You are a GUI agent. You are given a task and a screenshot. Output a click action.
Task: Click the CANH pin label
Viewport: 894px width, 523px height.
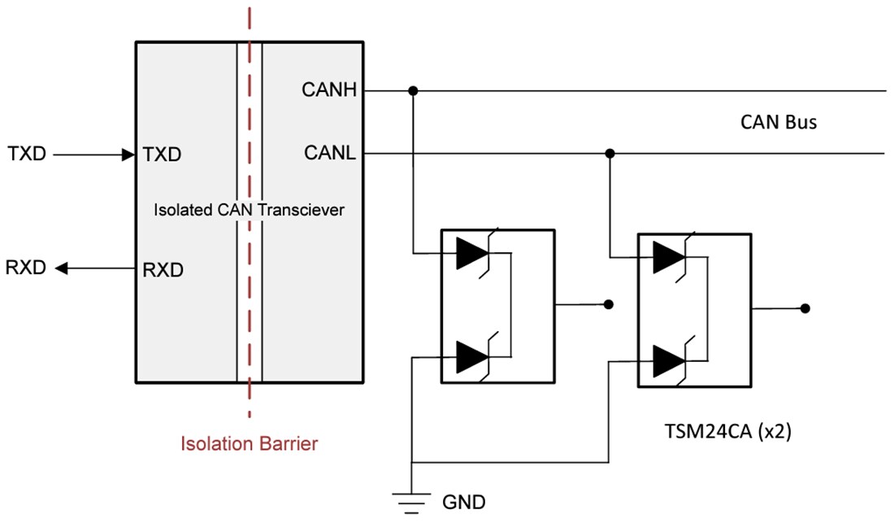[x=329, y=90]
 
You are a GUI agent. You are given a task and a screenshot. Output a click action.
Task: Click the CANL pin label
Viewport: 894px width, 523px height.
[x=330, y=153]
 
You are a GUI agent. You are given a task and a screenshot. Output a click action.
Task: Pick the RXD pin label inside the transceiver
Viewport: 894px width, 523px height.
[x=162, y=268]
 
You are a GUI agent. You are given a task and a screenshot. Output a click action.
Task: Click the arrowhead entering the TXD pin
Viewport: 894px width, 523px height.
[x=128, y=154]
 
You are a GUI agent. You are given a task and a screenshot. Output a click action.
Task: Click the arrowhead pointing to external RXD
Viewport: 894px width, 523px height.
[x=62, y=268]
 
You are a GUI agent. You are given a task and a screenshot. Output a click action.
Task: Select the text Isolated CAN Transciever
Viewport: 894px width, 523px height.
[x=249, y=210]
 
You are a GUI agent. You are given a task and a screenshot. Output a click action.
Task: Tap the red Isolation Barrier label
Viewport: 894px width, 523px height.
[x=249, y=444]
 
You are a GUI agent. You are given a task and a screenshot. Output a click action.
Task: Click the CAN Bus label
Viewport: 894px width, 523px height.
[x=778, y=123]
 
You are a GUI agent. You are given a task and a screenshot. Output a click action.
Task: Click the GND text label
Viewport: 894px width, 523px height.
[x=463, y=502]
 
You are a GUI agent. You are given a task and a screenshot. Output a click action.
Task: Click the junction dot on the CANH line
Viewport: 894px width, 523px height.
[x=414, y=90]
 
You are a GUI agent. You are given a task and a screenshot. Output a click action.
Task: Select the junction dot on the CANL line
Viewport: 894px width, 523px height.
[x=610, y=153]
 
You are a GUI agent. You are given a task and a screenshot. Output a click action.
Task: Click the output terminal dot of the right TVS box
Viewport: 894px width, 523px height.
[x=805, y=308]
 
